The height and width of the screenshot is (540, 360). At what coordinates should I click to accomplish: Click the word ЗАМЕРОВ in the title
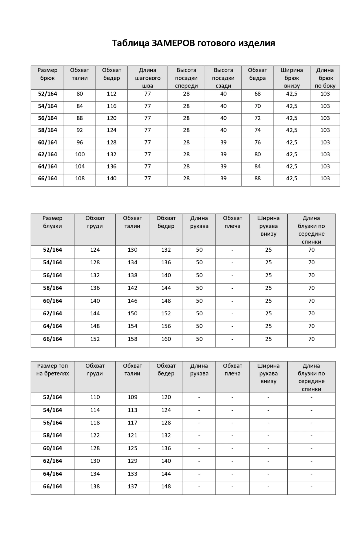click(173, 43)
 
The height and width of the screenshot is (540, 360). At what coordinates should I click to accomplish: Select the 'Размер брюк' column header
click(48, 74)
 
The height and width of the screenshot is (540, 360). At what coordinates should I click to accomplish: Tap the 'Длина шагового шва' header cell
click(147, 78)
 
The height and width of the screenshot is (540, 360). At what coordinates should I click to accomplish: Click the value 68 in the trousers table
click(257, 94)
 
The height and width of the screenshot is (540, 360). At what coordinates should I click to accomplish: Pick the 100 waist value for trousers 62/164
click(80, 155)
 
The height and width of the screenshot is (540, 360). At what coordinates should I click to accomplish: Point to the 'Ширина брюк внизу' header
click(292, 78)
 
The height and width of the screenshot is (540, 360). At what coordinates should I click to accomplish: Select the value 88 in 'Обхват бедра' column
click(257, 178)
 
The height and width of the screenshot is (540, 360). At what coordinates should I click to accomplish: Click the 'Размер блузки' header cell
click(52, 222)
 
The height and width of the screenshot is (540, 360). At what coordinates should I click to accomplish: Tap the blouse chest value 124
click(95, 250)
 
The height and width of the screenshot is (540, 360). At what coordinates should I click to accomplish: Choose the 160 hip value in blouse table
click(166, 339)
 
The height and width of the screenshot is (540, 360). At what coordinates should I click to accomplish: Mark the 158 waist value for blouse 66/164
click(132, 339)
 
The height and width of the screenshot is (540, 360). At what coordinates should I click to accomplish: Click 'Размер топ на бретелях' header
click(52, 370)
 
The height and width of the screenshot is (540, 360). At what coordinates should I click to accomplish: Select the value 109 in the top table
click(132, 397)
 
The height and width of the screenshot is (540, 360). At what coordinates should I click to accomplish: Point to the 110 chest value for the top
click(95, 397)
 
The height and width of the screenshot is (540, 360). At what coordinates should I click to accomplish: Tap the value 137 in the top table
click(132, 487)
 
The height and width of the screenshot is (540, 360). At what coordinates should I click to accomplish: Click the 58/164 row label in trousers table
click(48, 130)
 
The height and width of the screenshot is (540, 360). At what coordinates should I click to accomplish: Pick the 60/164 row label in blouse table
click(52, 301)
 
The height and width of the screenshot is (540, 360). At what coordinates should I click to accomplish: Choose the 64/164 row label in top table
click(52, 474)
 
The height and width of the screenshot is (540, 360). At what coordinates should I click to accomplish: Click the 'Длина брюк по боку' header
click(325, 78)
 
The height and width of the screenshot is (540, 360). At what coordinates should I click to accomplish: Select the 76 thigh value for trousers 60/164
click(257, 143)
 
